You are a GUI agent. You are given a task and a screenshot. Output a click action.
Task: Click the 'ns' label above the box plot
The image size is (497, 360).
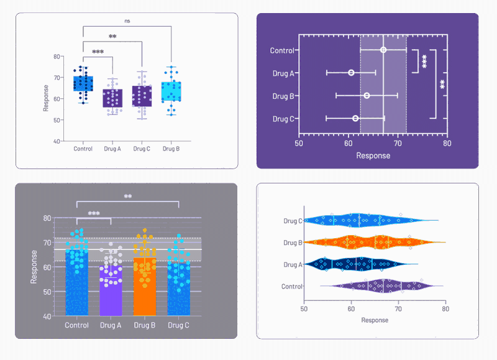[x=127, y=21]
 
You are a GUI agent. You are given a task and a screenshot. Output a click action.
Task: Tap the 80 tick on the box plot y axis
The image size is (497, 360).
[x=57, y=57]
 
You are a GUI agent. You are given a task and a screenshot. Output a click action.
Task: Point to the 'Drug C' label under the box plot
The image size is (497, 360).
[x=142, y=149]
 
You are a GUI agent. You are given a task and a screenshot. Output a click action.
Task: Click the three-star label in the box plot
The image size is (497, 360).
[x=98, y=52]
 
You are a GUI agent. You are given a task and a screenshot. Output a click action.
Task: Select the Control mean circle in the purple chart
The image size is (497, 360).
[x=383, y=50]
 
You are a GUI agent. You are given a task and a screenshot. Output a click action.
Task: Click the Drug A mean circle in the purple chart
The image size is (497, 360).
[x=351, y=73]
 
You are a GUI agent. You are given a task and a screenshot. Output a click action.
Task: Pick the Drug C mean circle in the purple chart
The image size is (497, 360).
[x=355, y=118]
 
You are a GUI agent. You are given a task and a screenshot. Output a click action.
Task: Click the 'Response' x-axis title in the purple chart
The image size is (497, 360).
[x=373, y=155]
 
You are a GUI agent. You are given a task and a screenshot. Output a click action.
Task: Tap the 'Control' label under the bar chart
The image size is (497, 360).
[x=76, y=325]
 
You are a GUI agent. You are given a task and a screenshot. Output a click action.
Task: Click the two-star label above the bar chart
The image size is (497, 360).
[x=128, y=197]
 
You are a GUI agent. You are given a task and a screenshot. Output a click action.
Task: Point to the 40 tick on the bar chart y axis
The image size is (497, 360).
[x=47, y=316]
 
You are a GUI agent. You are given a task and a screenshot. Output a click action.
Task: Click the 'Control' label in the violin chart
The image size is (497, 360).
[x=291, y=287]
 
